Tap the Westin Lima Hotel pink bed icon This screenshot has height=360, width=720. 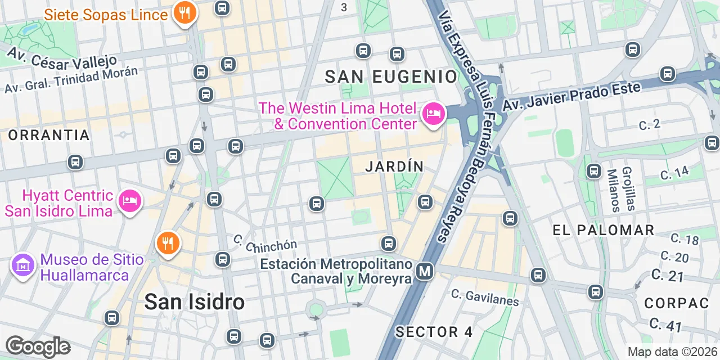point(433,113)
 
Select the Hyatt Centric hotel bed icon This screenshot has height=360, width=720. point(130,201)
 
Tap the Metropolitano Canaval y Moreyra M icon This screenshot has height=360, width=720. point(425,272)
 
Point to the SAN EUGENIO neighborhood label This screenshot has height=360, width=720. point(391,77)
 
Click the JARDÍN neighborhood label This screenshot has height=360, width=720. point(394,166)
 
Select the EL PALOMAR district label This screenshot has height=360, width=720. point(603,230)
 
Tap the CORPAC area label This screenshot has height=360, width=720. point(677,303)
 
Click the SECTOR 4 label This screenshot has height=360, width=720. point(434,332)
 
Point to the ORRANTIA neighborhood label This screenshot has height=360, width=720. point(49,136)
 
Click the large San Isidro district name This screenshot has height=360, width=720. point(194,302)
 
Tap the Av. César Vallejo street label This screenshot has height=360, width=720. point(62,56)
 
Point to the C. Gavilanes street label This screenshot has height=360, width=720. point(485,297)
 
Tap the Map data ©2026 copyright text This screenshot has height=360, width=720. point(672,352)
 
